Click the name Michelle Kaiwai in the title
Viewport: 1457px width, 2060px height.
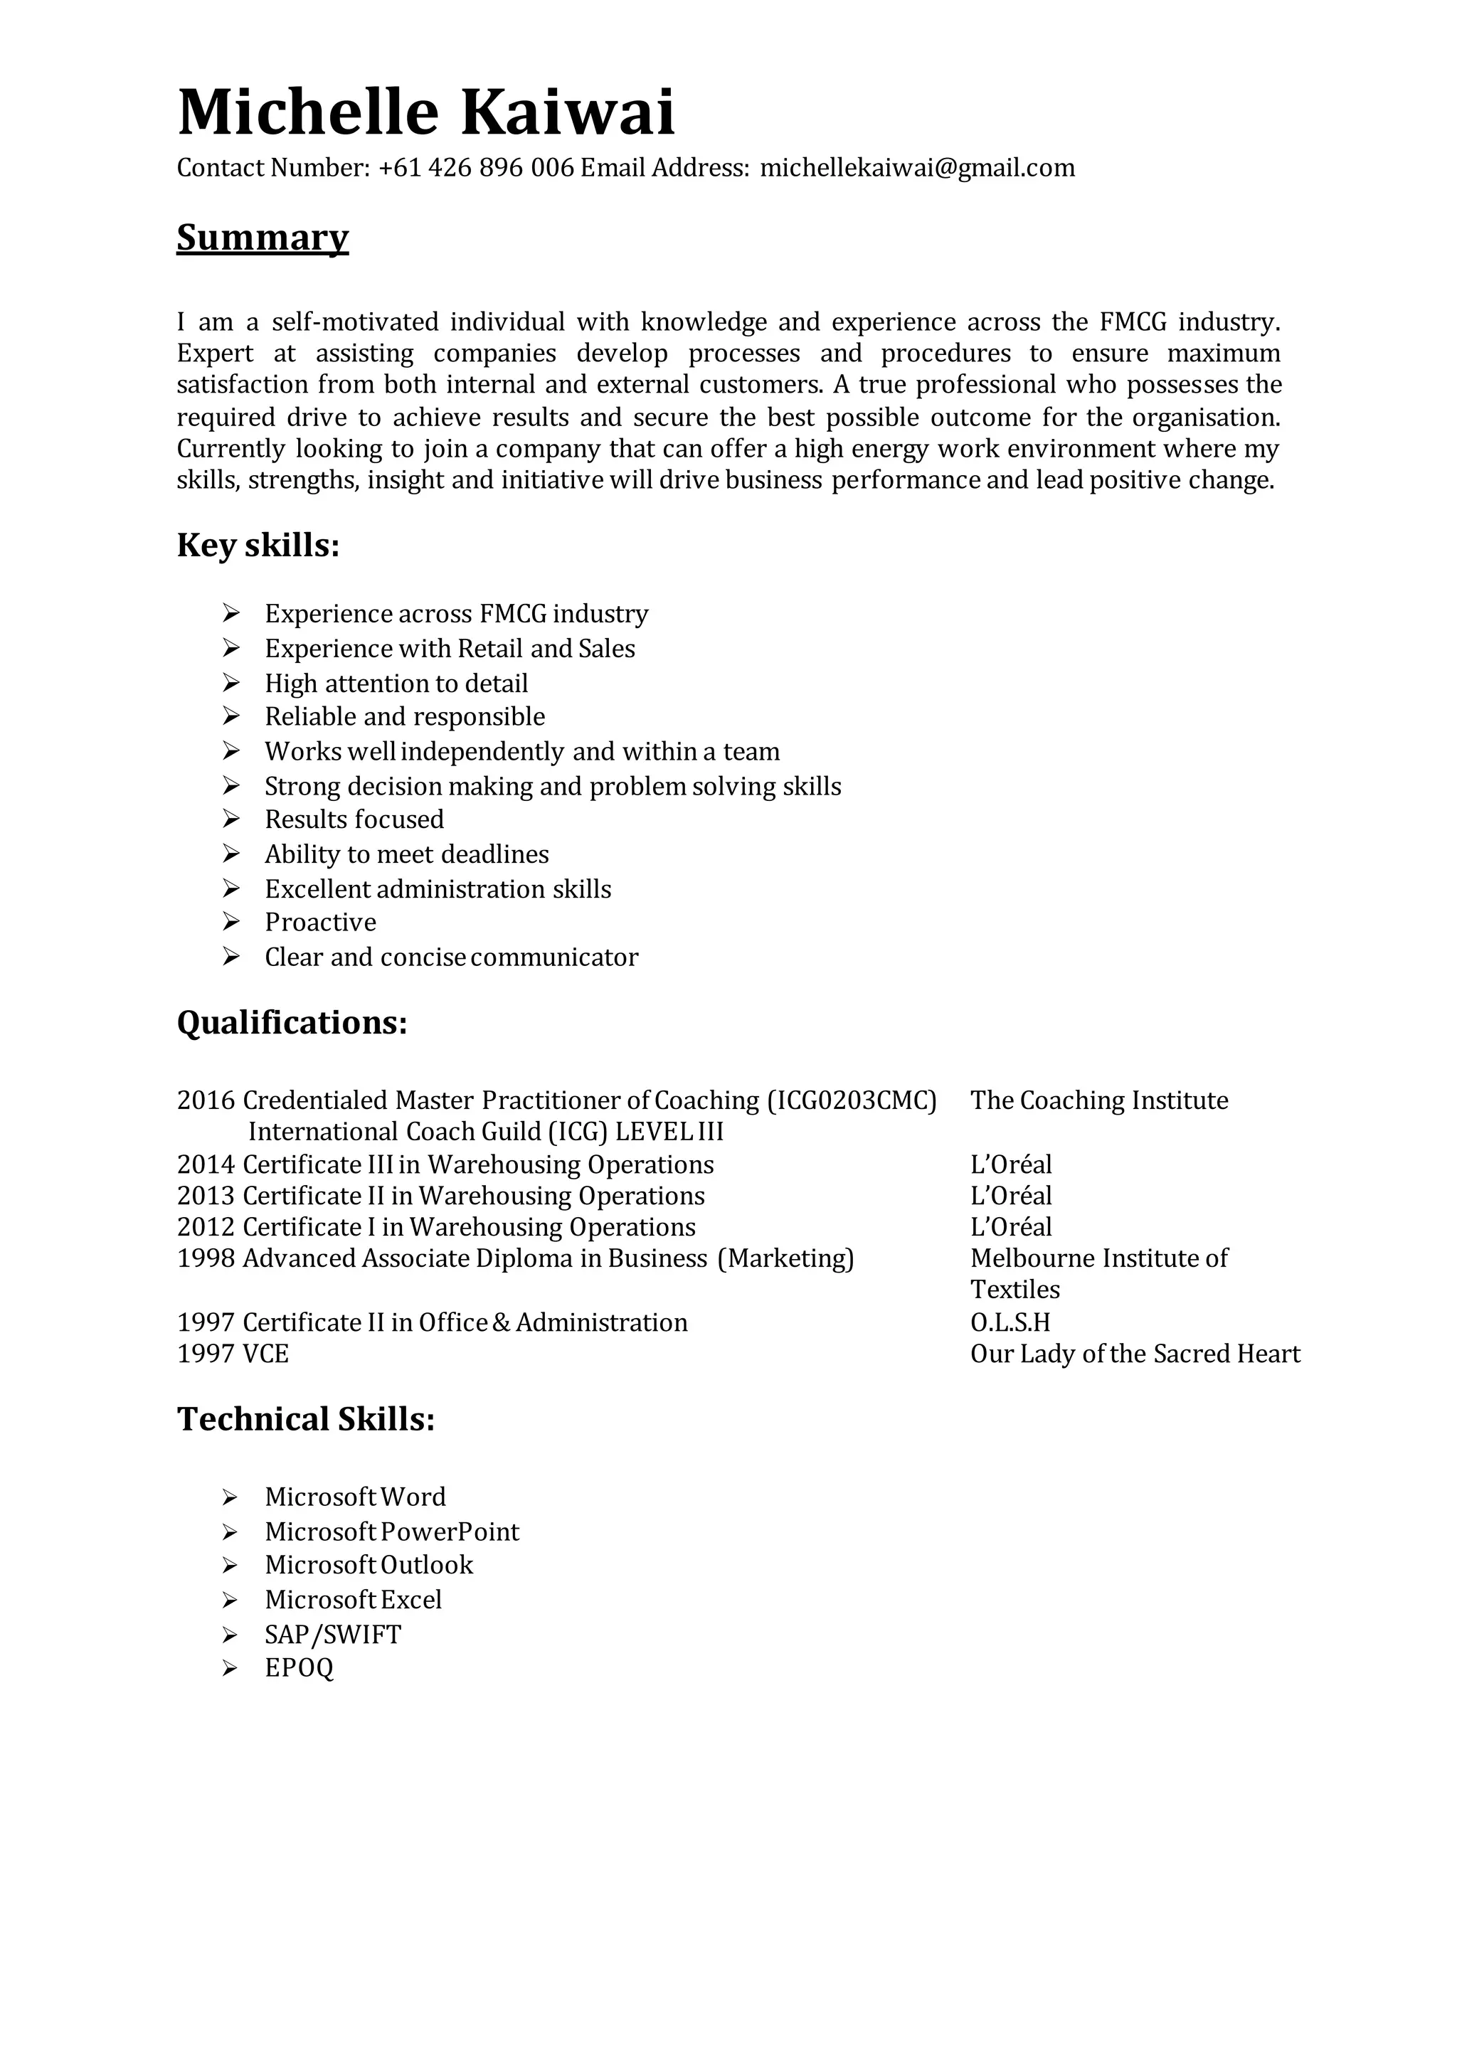[x=425, y=113]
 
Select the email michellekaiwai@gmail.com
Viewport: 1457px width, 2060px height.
[x=917, y=168]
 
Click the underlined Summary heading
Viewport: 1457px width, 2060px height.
[x=262, y=238]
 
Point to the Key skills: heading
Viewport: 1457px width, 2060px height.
[x=258, y=545]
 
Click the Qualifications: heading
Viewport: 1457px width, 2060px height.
[x=292, y=1022]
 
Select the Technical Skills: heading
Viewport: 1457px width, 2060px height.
[x=305, y=1418]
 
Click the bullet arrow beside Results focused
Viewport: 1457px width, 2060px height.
[x=231, y=819]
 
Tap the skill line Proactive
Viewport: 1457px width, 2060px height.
[x=320, y=923]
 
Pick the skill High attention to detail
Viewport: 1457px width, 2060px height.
[x=396, y=684]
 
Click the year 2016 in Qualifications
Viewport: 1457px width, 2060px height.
[x=206, y=1100]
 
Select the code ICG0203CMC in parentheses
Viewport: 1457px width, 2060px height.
[x=852, y=1100]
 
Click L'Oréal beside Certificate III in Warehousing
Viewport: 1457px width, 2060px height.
[x=1010, y=1164]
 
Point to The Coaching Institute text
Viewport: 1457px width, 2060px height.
[x=1098, y=1100]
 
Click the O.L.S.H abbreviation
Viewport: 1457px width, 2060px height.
[x=1010, y=1322]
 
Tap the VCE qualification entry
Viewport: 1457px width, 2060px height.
[x=265, y=1354]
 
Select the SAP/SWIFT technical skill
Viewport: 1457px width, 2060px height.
[x=333, y=1635]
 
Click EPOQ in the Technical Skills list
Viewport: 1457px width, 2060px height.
[x=299, y=1668]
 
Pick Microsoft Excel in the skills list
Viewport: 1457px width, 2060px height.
[x=353, y=1600]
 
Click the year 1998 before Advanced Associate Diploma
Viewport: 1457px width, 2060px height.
[x=206, y=1258]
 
